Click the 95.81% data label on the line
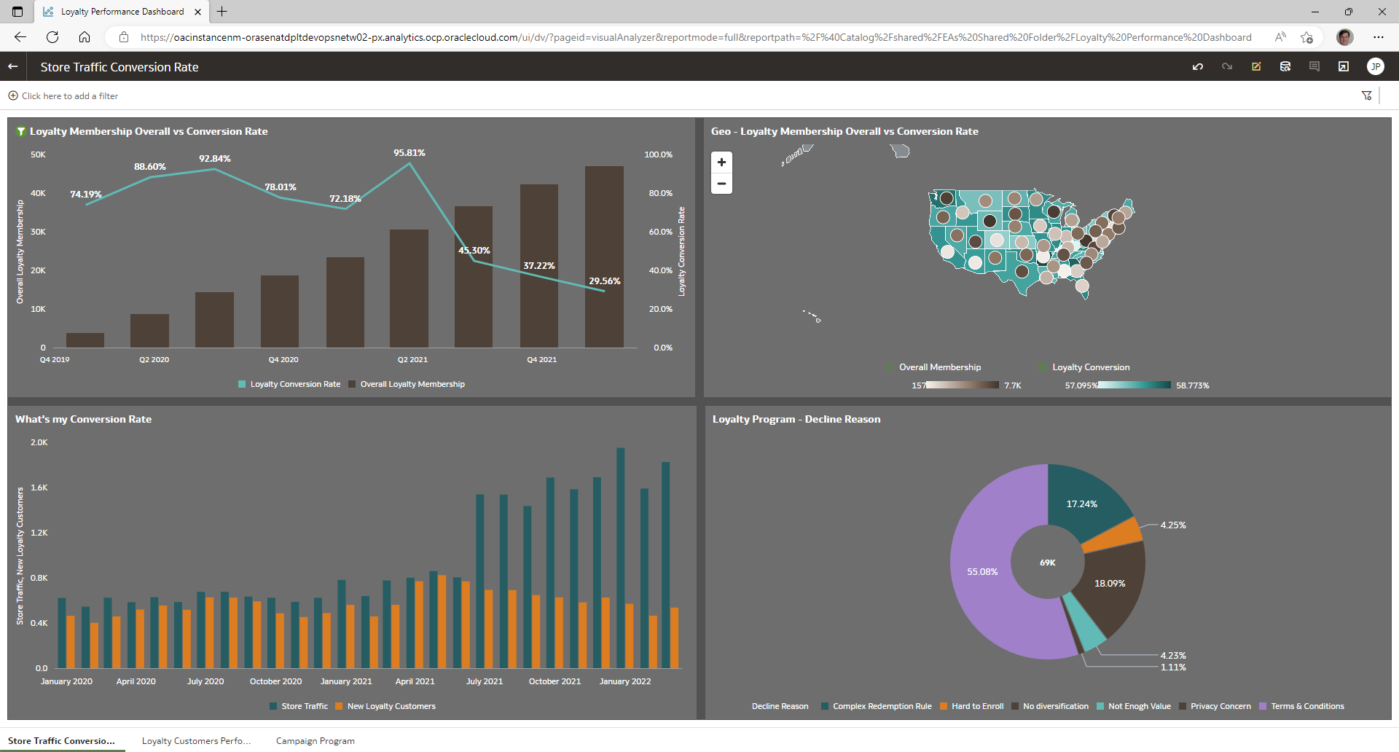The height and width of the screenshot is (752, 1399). tap(409, 153)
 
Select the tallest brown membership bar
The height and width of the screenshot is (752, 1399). tap(604, 255)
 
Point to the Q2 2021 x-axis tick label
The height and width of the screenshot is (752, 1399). tap(412, 360)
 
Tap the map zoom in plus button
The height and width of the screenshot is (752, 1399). tap(721, 162)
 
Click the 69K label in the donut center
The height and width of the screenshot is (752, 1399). tap(1048, 563)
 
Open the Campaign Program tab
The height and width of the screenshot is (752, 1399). tap(316, 741)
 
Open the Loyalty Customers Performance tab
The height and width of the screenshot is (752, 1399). tap(196, 741)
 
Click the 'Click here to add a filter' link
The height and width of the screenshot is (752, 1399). tap(69, 96)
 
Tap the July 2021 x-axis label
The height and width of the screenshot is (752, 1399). tap(485, 682)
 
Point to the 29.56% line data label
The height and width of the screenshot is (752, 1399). tap(605, 281)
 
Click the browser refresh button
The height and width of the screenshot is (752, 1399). tap(52, 37)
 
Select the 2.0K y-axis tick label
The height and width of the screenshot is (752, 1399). tap(39, 443)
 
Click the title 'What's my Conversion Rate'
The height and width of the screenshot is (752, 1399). tap(84, 420)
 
